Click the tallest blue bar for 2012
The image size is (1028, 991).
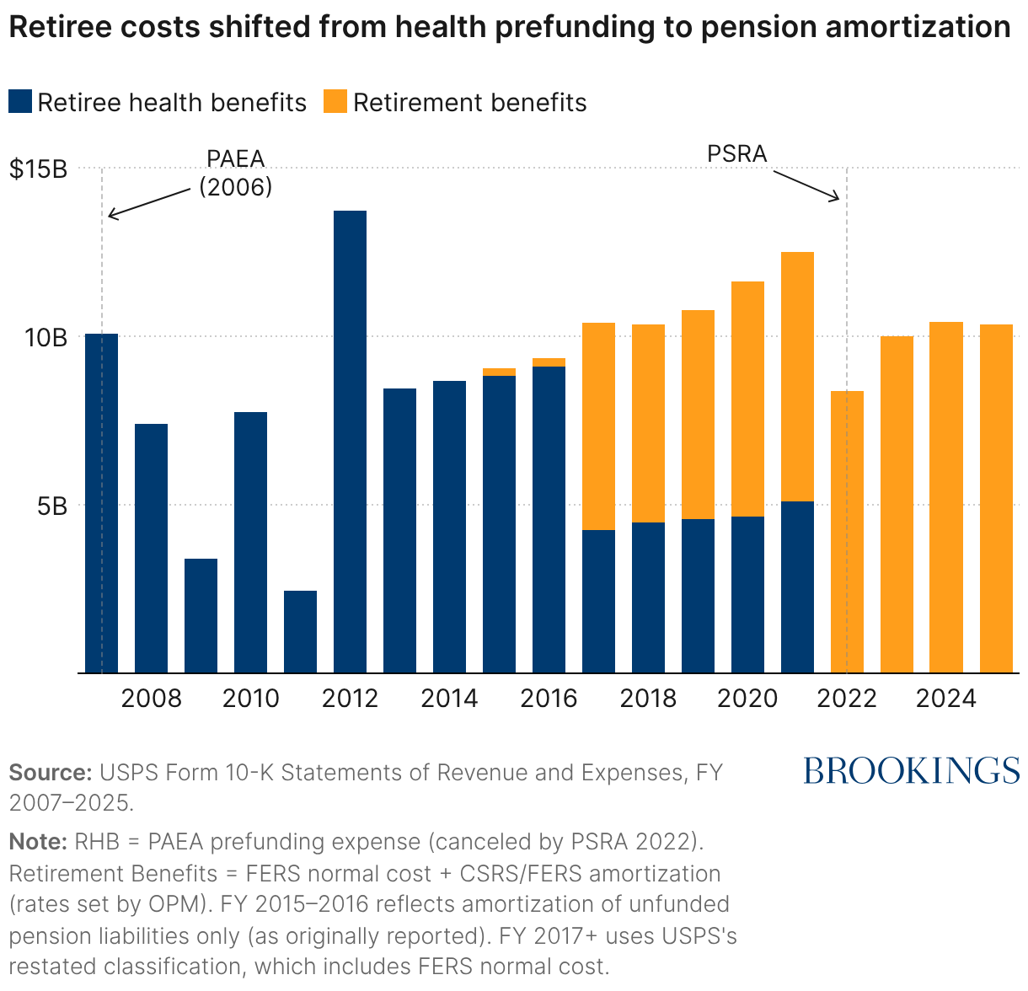pos(350,442)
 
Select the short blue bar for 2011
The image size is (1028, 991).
pos(300,631)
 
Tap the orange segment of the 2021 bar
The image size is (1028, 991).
pos(797,377)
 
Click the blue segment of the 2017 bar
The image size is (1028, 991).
pos(598,601)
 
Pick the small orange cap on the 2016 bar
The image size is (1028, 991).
pos(549,362)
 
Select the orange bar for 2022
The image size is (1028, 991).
pos(847,532)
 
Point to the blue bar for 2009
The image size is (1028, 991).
pos(201,615)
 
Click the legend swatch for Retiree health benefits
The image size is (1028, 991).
pos(20,103)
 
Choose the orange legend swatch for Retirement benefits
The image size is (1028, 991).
pos(335,103)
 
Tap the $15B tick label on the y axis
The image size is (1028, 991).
pos(38,169)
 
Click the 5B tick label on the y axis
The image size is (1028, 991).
pos(51,506)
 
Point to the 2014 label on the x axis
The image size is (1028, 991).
pos(449,699)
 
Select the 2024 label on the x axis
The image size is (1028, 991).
pos(946,699)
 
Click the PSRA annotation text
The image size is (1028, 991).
pos(737,154)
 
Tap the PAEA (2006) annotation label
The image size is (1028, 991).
pos(236,173)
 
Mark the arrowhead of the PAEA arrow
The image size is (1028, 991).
pos(110,217)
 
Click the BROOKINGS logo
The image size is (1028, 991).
pos(911,770)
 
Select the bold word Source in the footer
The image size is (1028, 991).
pos(50,773)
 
